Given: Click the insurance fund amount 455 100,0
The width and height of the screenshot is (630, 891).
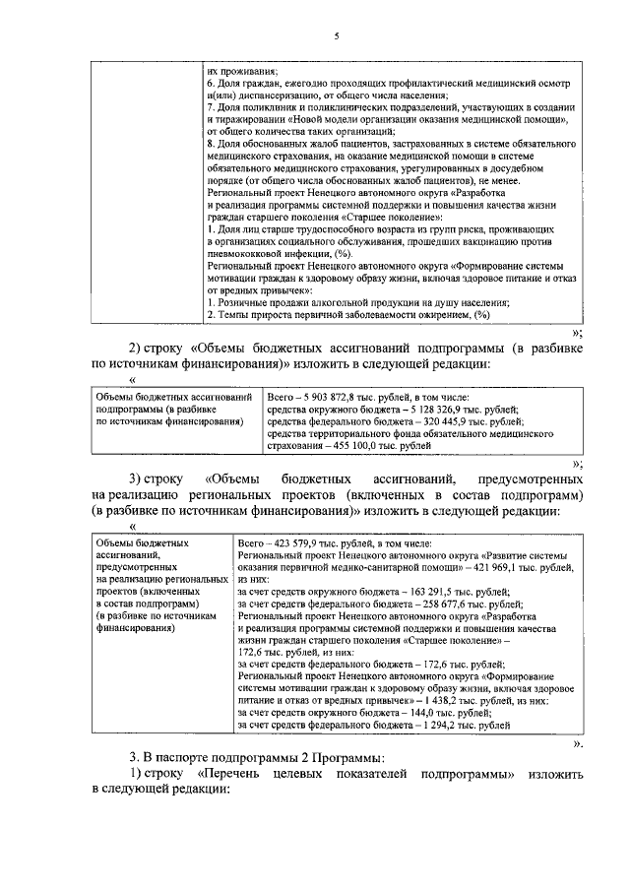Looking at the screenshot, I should click(x=352, y=446).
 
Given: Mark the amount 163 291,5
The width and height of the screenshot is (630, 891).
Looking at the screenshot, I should click(x=418, y=593).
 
